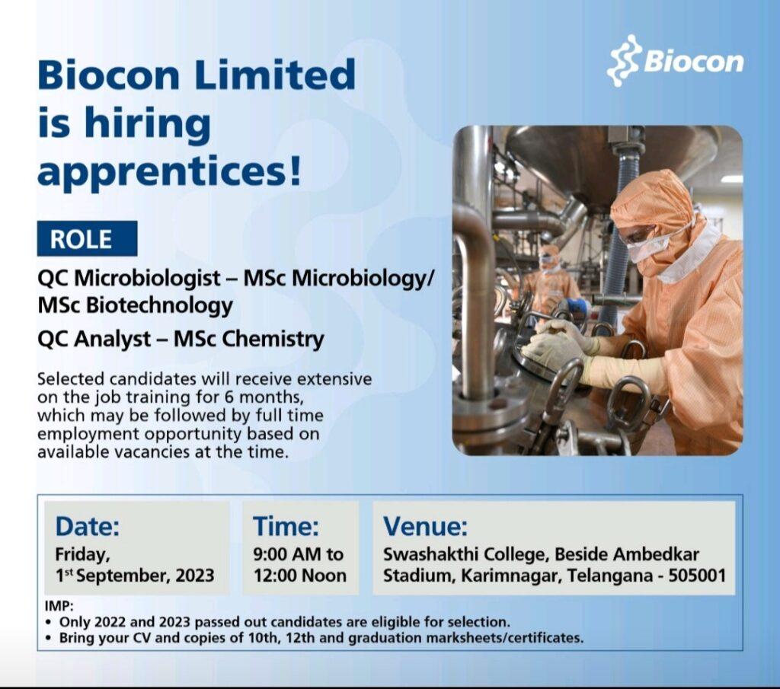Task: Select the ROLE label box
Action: (x=87, y=238)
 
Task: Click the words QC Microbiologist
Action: (x=129, y=279)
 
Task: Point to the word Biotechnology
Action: (x=160, y=305)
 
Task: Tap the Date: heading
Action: (x=87, y=526)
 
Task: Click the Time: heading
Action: (x=286, y=526)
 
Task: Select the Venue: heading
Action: (x=425, y=526)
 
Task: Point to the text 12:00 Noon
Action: (x=300, y=576)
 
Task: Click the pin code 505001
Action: (x=697, y=576)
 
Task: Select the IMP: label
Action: (x=59, y=607)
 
